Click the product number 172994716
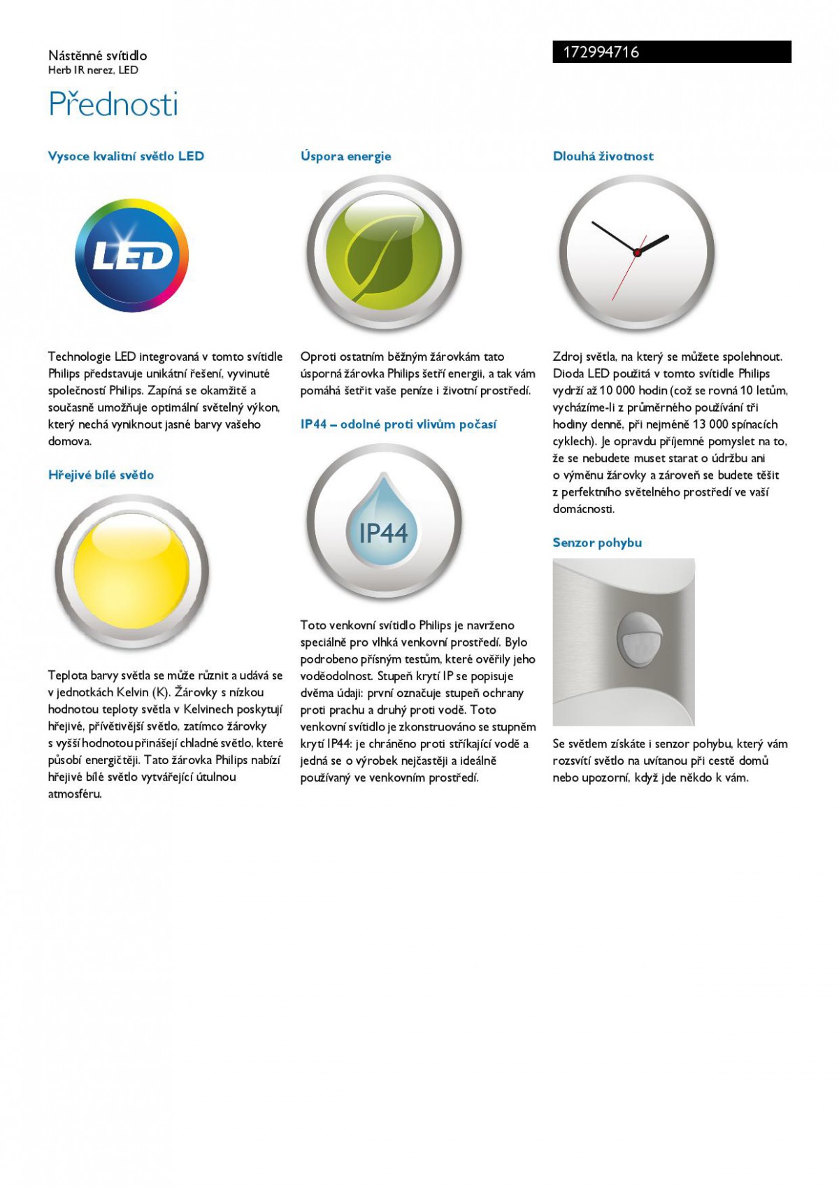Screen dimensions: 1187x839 click(x=601, y=52)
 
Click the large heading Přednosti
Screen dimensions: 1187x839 click(x=113, y=104)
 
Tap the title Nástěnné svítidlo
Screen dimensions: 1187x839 click(x=97, y=55)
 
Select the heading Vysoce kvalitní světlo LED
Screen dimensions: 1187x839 click(x=126, y=156)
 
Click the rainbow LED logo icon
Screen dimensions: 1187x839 click(x=132, y=256)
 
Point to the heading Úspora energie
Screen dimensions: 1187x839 click(x=345, y=156)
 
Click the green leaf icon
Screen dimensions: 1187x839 click(x=384, y=253)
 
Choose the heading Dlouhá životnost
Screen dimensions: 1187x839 click(x=603, y=156)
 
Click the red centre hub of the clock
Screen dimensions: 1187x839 click(x=637, y=252)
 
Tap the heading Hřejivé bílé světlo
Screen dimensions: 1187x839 click(x=101, y=475)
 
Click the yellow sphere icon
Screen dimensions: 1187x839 click(x=131, y=573)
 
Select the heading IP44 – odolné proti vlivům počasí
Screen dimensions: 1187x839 click(x=398, y=424)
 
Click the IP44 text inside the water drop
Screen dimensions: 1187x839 click(x=383, y=533)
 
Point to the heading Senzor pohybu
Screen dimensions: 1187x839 click(x=596, y=542)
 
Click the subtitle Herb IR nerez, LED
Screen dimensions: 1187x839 click(x=93, y=70)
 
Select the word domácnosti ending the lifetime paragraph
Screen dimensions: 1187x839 click(x=583, y=509)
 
